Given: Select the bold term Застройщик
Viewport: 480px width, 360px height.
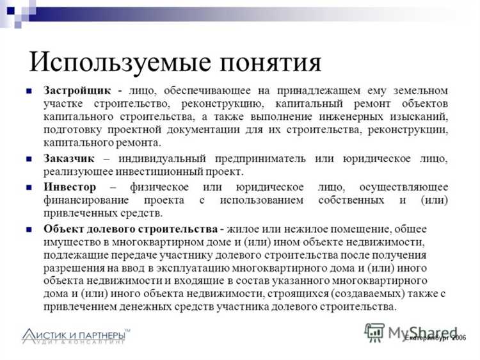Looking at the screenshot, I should tap(77, 90).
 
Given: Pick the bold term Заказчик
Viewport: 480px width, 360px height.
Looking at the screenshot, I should tap(69, 158).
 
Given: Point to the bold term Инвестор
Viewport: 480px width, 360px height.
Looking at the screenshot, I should tap(70, 186).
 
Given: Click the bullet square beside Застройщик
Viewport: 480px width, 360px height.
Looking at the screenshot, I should tap(29, 91).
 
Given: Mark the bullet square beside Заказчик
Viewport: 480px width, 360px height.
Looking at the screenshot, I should tap(29, 158).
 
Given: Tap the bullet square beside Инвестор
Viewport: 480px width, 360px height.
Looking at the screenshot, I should tap(29, 187).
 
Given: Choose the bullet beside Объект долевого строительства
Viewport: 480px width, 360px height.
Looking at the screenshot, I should tap(29, 229).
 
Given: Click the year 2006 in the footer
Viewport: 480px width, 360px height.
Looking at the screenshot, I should tap(458, 338).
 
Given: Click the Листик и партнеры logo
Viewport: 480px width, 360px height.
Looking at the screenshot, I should tap(76, 336).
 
